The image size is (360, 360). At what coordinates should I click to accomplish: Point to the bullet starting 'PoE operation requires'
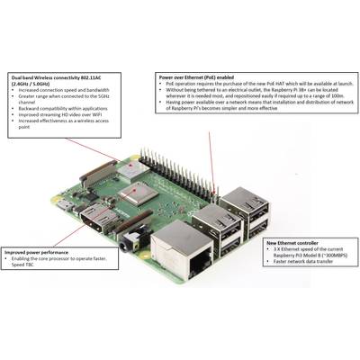pyautogui.click(x=247, y=85)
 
